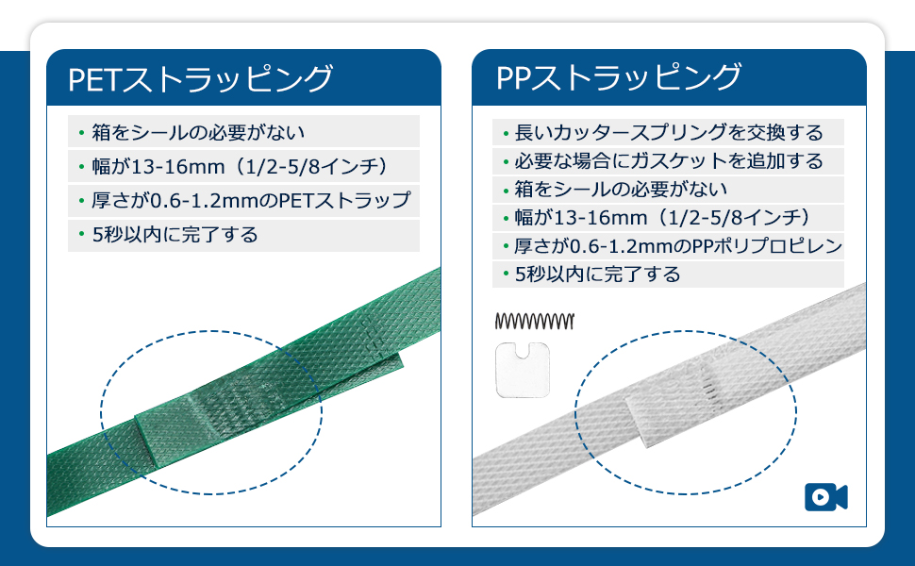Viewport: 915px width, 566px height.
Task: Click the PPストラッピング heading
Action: (619, 78)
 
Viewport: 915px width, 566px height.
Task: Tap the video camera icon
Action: (825, 497)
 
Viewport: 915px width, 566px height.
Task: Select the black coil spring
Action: (533, 322)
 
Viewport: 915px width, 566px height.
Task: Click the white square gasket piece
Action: (522, 371)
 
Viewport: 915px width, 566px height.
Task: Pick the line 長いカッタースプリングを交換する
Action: (670, 133)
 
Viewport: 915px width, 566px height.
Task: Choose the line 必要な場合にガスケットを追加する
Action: (670, 161)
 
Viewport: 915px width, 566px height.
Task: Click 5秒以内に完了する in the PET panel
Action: (175, 235)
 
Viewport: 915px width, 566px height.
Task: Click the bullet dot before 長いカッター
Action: (507, 134)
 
